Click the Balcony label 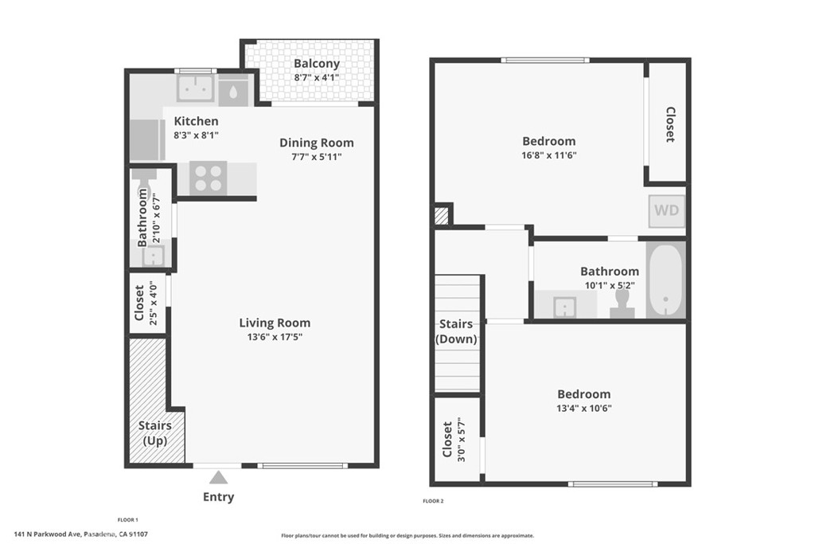pos(317,64)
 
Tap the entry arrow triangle pos(218,477)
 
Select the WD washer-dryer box pos(666,210)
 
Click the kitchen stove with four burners pos(208,178)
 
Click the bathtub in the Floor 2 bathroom pos(665,280)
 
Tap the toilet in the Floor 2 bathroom pos(622,304)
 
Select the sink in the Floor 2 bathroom pos(564,307)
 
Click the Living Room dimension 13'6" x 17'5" pos(275,337)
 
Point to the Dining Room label pos(317,143)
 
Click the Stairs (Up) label pos(155,432)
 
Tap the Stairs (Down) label pos(456,331)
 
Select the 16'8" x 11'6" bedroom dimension pos(549,155)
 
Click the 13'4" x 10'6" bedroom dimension pos(583,409)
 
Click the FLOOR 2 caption pos(434,501)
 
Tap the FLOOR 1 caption pos(128,519)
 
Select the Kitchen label pos(196,121)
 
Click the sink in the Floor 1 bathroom pos(154,256)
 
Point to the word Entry pos(218,497)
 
